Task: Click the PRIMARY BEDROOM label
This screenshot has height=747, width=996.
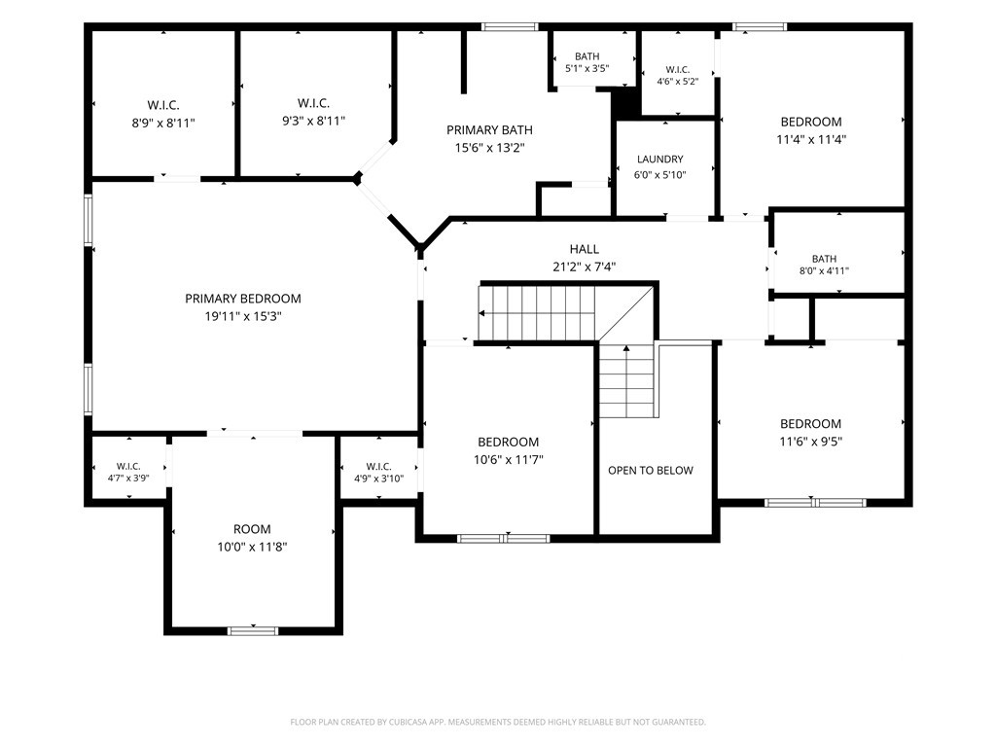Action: [242, 299]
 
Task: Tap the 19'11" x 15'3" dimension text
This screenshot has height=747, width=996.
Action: [242, 316]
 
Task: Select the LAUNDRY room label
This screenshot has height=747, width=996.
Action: [660, 160]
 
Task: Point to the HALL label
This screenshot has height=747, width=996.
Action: [584, 249]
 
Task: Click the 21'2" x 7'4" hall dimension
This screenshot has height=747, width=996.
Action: [584, 267]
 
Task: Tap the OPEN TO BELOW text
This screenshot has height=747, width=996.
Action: [651, 471]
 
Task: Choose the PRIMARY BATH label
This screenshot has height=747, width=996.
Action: [489, 130]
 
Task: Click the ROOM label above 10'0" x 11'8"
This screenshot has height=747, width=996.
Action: [252, 529]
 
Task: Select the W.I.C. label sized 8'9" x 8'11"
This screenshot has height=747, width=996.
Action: [163, 105]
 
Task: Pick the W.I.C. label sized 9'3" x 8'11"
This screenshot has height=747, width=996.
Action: [313, 103]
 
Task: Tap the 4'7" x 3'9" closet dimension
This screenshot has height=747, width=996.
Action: [128, 478]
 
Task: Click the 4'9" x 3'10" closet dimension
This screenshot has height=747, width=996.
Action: [378, 479]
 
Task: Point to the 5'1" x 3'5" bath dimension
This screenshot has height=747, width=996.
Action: [587, 68]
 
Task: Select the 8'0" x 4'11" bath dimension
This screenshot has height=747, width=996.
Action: [824, 270]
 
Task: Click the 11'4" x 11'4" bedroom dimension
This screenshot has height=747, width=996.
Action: [811, 139]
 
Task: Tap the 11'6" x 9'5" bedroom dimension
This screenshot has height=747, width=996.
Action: [810, 442]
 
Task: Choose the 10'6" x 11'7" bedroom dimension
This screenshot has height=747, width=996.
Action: [508, 459]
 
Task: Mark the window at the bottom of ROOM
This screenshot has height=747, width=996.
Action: [253, 630]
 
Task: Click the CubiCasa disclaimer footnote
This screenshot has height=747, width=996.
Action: [498, 723]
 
